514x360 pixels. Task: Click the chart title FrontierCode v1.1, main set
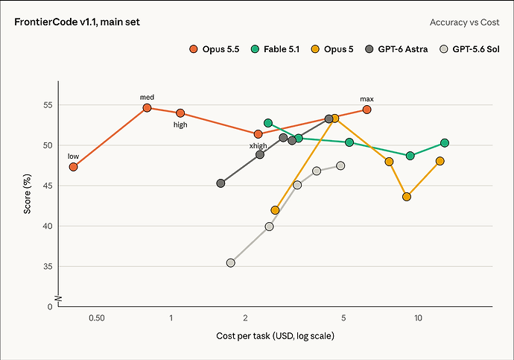pos(77,22)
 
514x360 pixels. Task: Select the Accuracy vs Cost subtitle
pos(465,22)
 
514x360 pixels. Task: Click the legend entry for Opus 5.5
pos(215,49)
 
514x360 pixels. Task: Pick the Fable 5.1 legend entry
pos(276,49)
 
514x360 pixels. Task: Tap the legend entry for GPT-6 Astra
pos(396,49)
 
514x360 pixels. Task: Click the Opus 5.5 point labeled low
pos(74,167)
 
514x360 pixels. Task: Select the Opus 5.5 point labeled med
pos(147,107)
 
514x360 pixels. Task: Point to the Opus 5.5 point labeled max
pos(367,110)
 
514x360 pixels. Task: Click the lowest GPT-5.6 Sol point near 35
pos(231,262)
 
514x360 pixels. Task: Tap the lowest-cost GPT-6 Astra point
pos(221,183)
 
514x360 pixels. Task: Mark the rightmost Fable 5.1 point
pos(445,143)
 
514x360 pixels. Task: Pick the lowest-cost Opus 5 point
pos(276,210)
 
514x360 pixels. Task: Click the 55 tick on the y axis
pos(48,105)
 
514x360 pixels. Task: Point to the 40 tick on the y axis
pos(48,226)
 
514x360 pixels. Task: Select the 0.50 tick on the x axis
pos(97,318)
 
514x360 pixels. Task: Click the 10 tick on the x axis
pos(418,318)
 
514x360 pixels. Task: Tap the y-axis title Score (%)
pos(28,194)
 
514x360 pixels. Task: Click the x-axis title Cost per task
pos(244,335)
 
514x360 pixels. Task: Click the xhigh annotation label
pos(258,145)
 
